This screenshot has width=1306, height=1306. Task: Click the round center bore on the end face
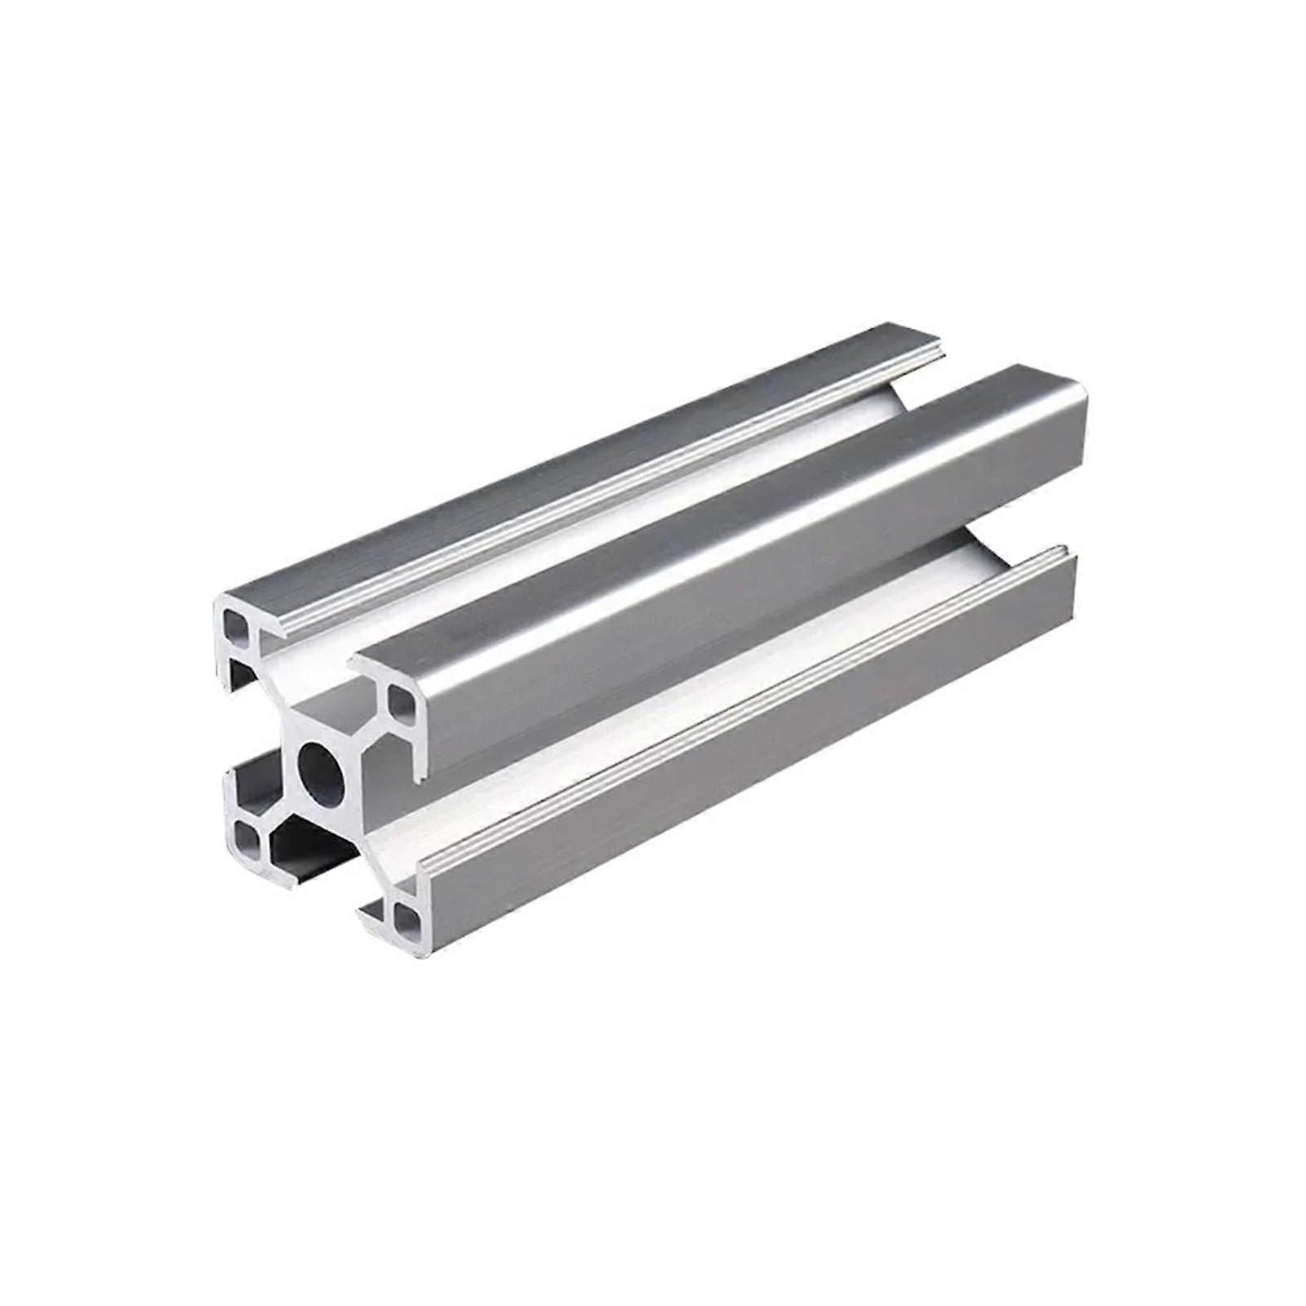click(319, 769)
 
